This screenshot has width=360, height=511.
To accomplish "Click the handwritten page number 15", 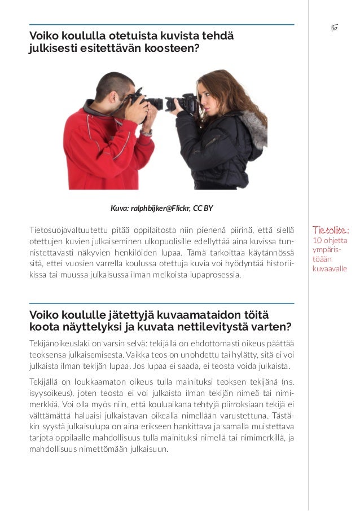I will click(x=334, y=28).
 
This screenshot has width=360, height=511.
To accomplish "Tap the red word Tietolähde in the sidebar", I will click(x=331, y=230).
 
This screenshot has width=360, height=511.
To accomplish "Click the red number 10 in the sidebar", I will click(x=317, y=241).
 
